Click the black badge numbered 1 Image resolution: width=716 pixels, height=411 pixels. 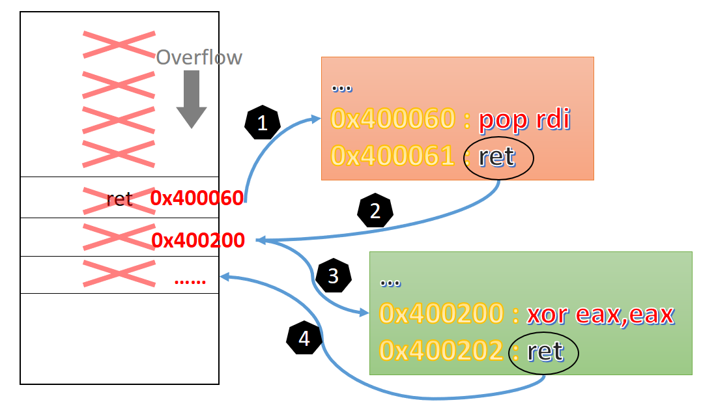(262, 124)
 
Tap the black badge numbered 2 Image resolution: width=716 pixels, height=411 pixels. (375, 211)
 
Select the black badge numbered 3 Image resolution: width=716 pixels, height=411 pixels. (333, 276)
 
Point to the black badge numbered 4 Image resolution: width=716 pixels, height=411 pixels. (304, 337)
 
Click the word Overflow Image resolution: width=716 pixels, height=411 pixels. (199, 57)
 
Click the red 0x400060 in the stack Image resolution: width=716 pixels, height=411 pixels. (197, 197)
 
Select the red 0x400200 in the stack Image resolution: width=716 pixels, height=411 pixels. (198, 240)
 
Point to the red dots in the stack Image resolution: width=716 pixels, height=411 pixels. (190, 281)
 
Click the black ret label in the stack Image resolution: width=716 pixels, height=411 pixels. (119, 199)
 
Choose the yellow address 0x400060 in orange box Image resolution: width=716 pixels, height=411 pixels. (393, 119)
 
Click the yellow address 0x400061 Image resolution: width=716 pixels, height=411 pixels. (393, 156)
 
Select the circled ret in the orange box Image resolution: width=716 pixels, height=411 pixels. (497, 156)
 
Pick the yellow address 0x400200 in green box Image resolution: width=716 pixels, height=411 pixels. (441, 314)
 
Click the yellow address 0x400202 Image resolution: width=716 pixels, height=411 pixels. (441, 352)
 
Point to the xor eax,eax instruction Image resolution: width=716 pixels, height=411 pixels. (600, 314)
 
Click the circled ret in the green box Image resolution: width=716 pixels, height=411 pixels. (545, 352)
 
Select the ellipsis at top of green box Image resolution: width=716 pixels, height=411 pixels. (389, 282)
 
